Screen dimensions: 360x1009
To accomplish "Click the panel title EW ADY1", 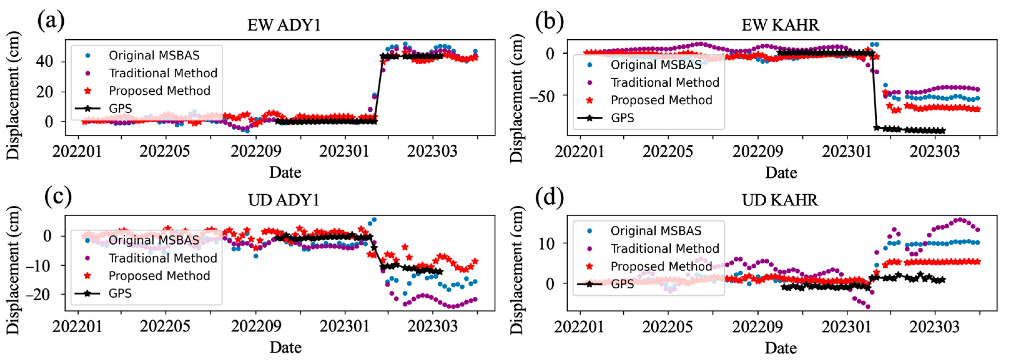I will [284, 25].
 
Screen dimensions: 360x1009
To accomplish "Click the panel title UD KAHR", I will [780, 200].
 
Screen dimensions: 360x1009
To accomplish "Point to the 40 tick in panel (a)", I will [44, 61].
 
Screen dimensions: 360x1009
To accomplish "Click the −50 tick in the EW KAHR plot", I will [542, 96].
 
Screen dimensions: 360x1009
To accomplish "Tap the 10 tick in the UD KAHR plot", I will [546, 244].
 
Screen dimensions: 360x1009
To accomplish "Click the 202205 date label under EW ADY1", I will [164, 151].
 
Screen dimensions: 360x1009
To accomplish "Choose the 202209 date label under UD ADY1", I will [256, 326].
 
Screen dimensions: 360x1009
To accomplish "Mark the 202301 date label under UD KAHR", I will [846, 326].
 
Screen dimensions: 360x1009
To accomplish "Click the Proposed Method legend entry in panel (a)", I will [159, 91].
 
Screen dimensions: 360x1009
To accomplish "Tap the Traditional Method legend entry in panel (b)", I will [665, 82].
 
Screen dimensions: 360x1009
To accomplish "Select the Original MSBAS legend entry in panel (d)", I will [656, 231].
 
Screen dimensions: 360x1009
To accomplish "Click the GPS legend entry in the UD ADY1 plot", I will [120, 294].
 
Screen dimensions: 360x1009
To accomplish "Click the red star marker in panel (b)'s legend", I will [590, 100].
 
